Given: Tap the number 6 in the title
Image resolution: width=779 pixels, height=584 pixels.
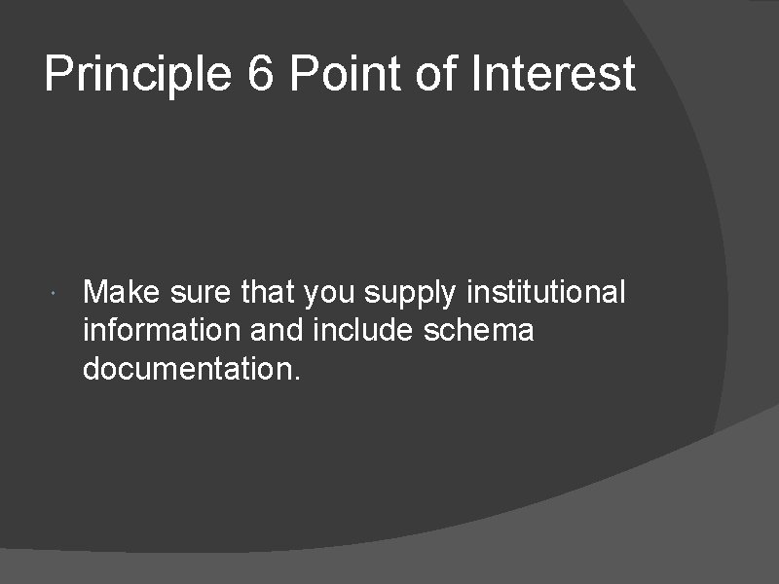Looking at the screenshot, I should (x=261, y=75).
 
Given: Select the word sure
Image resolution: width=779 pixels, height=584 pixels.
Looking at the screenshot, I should (x=198, y=293).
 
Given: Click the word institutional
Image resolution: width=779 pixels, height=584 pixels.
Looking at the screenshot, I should (x=547, y=291).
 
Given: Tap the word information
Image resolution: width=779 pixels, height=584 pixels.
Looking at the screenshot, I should (x=162, y=331).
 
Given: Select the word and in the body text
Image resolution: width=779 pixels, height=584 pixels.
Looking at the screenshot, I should (x=277, y=331).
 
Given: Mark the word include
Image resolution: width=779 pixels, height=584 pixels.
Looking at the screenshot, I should (x=365, y=331).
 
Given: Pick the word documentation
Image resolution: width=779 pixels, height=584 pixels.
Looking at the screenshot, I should (x=185, y=370).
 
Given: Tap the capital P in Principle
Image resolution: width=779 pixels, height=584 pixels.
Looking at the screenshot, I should (x=57, y=75).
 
